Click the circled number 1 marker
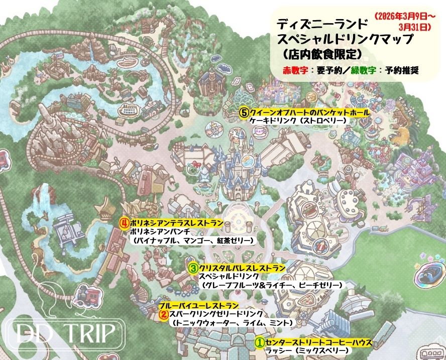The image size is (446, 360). click(x=259, y=342)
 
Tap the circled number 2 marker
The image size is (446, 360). click(x=163, y=315)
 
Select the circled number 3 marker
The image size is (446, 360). click(x=193, y=268)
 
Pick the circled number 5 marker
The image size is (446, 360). click(x=243, y=112)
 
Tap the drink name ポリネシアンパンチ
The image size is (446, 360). click(x=159, y=231)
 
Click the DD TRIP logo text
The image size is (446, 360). click(x=64, y=331)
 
